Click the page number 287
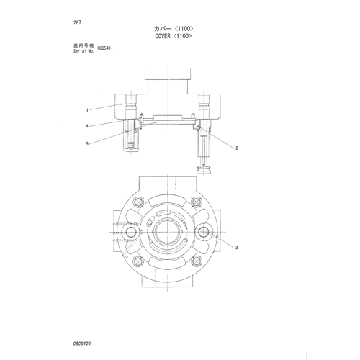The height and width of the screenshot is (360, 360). (x=77, y=22)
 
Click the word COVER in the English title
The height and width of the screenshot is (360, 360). (x=163, y=36)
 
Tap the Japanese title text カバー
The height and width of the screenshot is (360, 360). (x=163, y=29)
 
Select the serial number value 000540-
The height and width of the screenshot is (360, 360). (x=104, y=48)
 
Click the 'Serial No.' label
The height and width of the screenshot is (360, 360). (x=84, y=51)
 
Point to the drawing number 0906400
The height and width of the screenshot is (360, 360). (x=82, y=343)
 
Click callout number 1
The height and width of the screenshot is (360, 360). (x=87, y=110)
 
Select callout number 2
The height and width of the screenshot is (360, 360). (x=237, y=148)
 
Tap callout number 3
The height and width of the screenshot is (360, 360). (x=236, y=248)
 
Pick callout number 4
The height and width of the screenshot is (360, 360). (x=87, y=126)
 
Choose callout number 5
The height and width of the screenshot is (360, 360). (x=87, y=144)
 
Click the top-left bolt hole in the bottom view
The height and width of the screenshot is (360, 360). (x=138, y=202)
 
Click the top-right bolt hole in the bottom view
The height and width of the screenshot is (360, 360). (x=197, y=202)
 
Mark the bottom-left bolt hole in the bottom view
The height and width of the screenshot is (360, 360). (x=138, y=261)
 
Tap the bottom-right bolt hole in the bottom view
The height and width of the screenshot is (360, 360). (x=197, y=261)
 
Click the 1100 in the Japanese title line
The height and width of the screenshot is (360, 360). (x=184, y=29)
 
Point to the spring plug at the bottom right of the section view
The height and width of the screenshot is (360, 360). (x=204, y=170)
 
